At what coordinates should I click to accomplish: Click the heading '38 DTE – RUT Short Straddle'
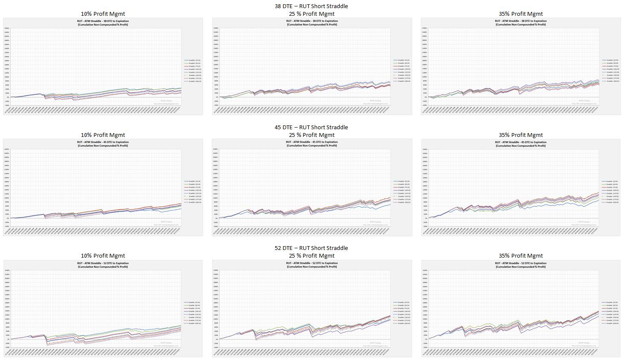(311, 6)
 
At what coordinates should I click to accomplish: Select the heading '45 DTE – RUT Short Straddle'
(311, 127)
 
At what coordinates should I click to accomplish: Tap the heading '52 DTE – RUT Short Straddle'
(311, 248)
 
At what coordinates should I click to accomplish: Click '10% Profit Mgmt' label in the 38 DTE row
(103, 14)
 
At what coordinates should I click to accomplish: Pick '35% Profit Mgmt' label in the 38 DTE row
(521, 14)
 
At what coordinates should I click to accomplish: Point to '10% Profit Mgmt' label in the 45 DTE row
(103, 135)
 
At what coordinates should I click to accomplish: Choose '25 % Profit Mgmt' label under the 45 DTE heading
(312, 135)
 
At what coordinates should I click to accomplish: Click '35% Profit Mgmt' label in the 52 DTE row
(521, 255)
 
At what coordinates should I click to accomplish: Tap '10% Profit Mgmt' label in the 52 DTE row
(103, 255)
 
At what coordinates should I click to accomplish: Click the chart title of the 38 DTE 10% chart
(103, 23)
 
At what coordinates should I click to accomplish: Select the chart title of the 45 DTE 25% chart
(312, 144)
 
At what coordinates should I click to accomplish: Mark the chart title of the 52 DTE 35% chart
(521, 265)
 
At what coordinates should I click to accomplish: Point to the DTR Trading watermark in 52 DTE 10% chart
(166, 343)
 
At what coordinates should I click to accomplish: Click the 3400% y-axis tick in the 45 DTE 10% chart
(7, 149)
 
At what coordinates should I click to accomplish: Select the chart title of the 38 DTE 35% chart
(521, 23)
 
